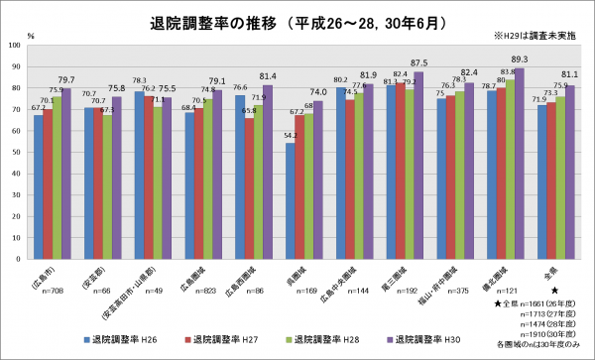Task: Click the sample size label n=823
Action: [x=188, y=294]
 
